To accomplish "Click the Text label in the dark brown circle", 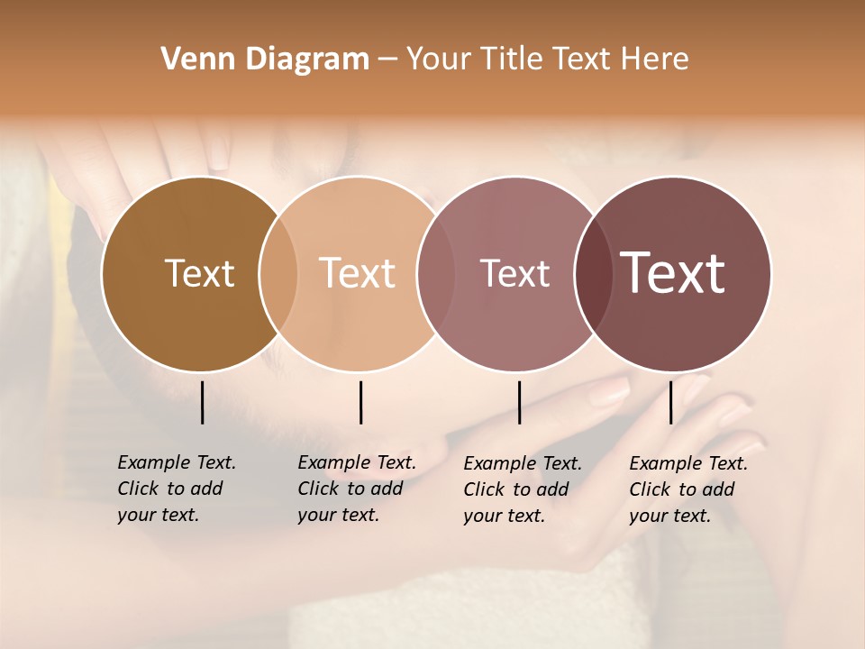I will point(199,273).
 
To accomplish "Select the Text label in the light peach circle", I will point(358,273).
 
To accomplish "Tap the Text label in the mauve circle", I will point(514,273).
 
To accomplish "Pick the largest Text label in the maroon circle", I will point(673,273).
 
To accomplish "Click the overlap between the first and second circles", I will point(278,273).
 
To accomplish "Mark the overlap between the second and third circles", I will point(431,273).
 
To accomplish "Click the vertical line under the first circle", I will point(203,402).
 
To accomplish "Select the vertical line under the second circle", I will point(360,402).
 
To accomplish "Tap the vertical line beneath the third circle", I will point(520,402).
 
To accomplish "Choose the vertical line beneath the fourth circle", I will point(670,402).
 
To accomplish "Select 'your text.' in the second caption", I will point(338,515).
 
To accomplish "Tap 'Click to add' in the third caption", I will point(516,489).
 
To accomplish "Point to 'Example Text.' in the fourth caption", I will point(688,463).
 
